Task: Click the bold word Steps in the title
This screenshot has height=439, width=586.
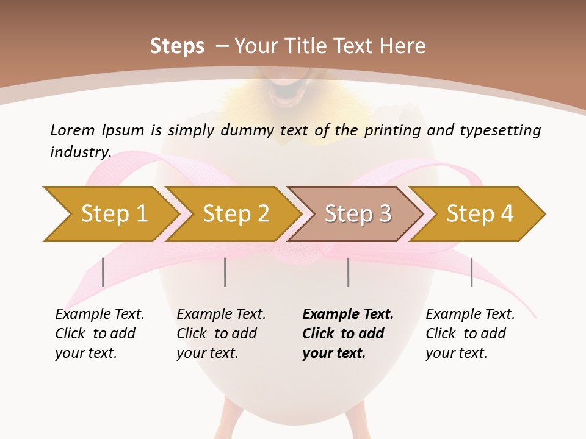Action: pos(177,46)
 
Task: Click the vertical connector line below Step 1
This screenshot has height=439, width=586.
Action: pos(103,272)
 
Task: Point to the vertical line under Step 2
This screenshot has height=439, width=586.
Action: pos(225,272)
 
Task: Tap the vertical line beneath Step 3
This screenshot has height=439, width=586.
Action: pos(349,272)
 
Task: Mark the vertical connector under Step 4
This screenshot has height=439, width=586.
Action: pos(471,272)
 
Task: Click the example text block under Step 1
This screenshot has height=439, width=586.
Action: pos(99,334)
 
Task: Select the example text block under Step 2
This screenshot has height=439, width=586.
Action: pos(221,334)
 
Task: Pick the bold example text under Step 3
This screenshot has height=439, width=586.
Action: pos(348,334)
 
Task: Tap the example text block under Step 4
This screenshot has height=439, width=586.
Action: pos(470,334)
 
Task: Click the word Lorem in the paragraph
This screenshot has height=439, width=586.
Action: pos(73,130)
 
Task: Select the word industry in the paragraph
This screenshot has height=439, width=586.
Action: pos(81,152)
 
